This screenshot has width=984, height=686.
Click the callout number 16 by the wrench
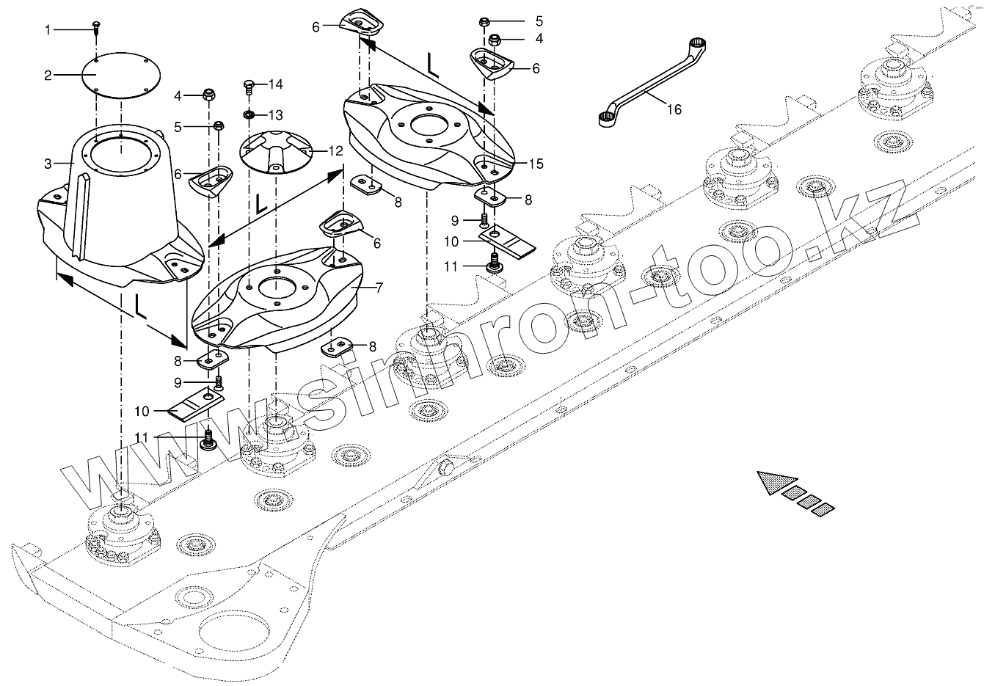pos(674,109)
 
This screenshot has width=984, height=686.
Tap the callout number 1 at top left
pos(48,30)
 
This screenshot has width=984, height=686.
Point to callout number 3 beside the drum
pos(48,163)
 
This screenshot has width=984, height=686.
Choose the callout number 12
pos(335,151)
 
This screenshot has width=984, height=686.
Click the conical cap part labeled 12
pos(278,152)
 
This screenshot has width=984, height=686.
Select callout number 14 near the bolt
pos(274,85)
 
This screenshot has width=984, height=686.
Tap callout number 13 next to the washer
pos(274,115)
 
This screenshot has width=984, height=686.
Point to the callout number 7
pos(379,288)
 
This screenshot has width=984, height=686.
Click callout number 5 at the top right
pos(539,21)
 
